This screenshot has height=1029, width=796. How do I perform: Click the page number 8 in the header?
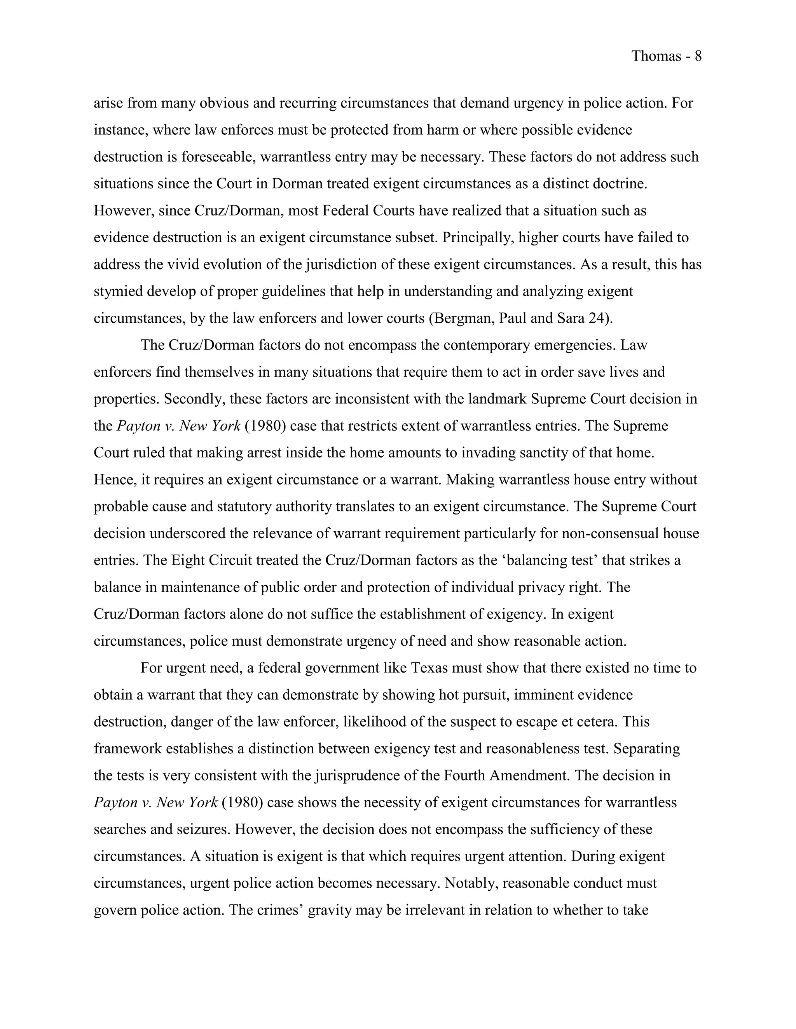[x=698, y=57]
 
